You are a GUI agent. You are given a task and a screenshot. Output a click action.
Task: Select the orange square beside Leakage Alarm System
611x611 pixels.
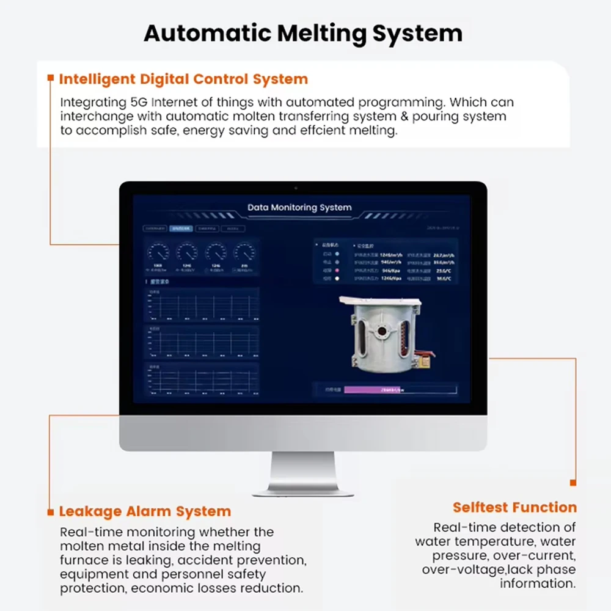[x=51, y=511]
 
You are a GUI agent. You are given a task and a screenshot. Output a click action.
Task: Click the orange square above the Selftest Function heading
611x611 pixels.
[x=573, y=483]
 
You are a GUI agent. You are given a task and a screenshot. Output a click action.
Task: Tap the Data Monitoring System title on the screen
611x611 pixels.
[x=299, y=207]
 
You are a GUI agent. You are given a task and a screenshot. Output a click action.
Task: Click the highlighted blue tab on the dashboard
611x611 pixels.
[x=181, y=229]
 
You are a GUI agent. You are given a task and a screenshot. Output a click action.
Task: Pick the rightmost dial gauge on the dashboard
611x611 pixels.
[x=244, y=252]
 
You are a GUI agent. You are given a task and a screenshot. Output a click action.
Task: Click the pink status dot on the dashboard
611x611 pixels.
[x=337, y=270]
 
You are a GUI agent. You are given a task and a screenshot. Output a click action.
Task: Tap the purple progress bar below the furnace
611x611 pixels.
[x=372, y=389]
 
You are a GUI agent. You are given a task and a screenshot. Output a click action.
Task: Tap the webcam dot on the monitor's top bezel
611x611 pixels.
[x=296, y=188]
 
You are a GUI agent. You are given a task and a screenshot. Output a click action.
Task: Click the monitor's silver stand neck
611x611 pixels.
[x=303, y=470]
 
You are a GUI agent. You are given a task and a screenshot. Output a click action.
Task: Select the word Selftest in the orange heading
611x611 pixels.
[x=480, y=507]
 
